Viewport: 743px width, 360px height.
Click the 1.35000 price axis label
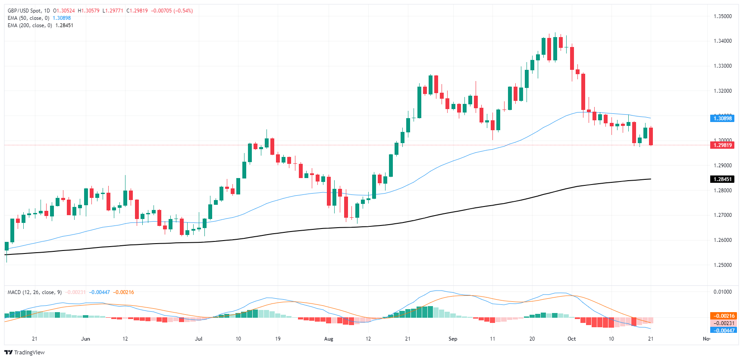click(722, 16)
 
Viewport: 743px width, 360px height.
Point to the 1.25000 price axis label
click(722, 265)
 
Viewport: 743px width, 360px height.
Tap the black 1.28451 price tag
click(722, 179)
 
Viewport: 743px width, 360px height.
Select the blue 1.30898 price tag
click(722, 119)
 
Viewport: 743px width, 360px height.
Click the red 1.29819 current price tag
click(722, 145)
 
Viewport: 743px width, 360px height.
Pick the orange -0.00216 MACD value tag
click(723, 316)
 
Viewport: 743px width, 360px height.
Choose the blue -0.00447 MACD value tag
click(723, 331)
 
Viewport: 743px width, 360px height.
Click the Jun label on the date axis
click(85, 339)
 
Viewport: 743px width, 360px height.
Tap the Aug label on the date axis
click(329, 339)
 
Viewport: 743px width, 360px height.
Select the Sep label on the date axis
click(453, 339)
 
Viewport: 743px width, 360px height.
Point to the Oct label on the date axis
click(571, 339)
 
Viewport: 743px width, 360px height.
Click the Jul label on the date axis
click(198, 339)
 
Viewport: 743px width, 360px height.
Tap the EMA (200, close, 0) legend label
click(29, 25)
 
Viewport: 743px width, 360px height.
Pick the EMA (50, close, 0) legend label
click(28, 18)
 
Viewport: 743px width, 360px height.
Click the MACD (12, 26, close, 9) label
click(34, 292)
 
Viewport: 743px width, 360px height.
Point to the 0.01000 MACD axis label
click(722, 292)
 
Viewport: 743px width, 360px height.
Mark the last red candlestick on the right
click(651, 136)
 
